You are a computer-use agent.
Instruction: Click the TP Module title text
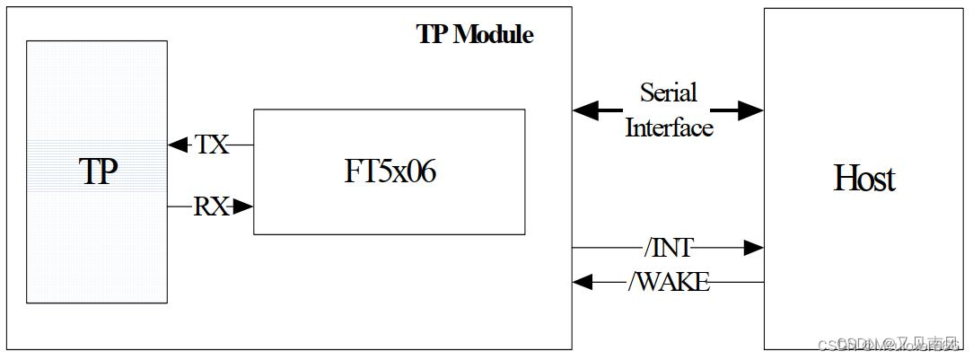click(x=475, y=35)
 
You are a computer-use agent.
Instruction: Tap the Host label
click(x=864, y=179)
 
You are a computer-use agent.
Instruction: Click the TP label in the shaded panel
click(x=99, y=171)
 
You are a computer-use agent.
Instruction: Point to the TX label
click(x=212, y=145)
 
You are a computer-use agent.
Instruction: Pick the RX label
click(x=211, y=207)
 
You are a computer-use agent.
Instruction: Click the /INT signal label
click(x=668, y=247)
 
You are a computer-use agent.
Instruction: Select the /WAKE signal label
click(x=669, y=282)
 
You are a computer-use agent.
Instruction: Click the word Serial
click(x=668, y=92)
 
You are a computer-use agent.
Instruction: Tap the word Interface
click(x=669, y=127)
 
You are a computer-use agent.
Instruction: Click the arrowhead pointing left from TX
click(x=176, y=145)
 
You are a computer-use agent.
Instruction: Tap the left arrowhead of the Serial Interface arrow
click(x=585, y=110)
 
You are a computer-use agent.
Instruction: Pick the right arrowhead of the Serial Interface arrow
click(x=751, y=110)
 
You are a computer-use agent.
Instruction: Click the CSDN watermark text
click(x=889, y=345)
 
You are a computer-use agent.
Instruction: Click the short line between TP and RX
click(x=180, y=207)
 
